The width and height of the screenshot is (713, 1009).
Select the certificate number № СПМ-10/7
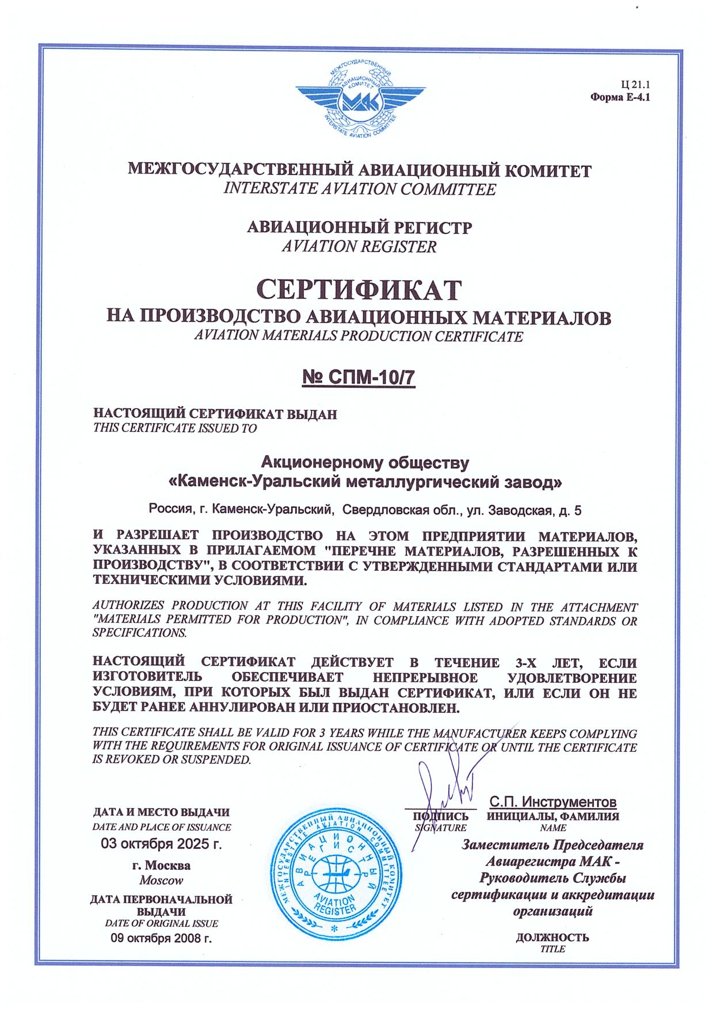point(359,379)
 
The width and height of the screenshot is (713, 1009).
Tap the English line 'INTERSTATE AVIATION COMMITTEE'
point(359,189)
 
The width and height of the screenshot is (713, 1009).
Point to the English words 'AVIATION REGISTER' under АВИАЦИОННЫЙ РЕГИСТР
point(359,247)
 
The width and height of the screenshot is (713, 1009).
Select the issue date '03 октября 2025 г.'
point(161,844)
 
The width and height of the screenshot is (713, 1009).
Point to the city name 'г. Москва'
point(161,866)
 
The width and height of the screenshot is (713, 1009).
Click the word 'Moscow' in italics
point(161,880)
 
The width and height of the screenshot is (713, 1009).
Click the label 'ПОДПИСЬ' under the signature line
point(441,816)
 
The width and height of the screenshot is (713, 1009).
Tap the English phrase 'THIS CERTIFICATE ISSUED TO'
point(175,428)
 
